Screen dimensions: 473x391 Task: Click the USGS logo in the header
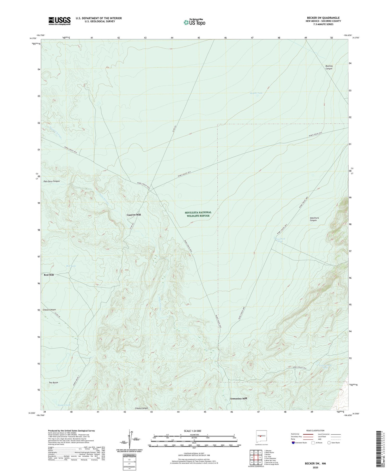(59, 21)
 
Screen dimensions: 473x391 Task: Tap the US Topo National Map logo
(194, 22)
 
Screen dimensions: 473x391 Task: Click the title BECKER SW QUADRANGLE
(323, 18)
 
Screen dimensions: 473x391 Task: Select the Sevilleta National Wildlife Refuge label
(198, 214)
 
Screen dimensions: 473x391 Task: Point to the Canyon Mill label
(134, 215)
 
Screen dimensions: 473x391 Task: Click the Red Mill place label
(49, 275)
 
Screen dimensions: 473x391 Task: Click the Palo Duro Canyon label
(52, 181)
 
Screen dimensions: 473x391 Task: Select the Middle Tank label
(256, 93)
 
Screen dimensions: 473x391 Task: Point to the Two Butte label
(53, 382)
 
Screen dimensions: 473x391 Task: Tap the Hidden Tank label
(64, 405)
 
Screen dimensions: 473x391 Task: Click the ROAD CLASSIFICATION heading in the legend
(315, 430)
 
